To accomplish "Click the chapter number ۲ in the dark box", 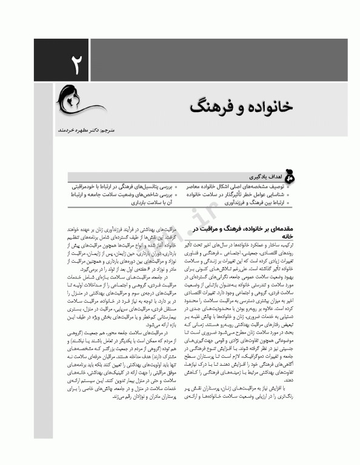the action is point(75,64).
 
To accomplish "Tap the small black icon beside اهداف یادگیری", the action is point(288,177).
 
